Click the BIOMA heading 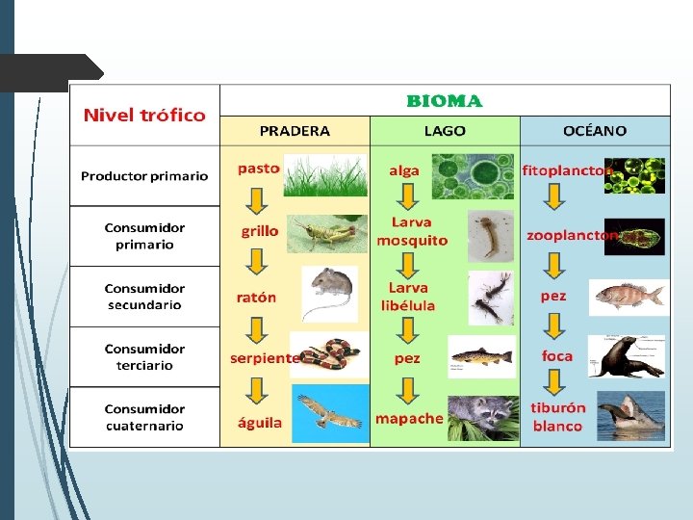pos(445,101)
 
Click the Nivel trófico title pos(144,116)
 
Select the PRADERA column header pos(295,131)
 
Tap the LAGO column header pos(445,131)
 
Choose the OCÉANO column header pos(595,131)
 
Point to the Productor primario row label pos(144,176)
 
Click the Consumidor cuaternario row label pos(144,417)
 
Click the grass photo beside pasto pos(325,174)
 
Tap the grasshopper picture pos(328,233)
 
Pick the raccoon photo pos(482,418)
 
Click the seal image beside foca pos(630,356)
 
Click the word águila pos(259,422)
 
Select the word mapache pos(409,419)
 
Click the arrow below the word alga pos(408,196)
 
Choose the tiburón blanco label pos(558,417)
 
